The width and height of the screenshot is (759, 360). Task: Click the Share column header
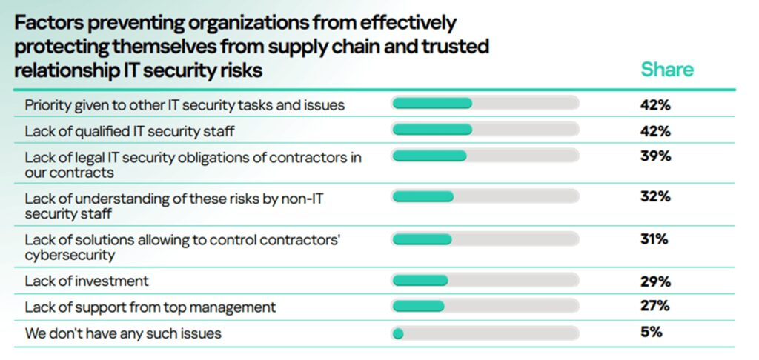(x=667, y=70)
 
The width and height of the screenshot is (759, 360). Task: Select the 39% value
(x=655, y=156)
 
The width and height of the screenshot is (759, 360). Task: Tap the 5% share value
(x=651, y=332)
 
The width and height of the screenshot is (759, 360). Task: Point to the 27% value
(x=655, y=306)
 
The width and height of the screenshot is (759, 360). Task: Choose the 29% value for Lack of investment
(x=655, y=281)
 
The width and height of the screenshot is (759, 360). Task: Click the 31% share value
(x=654, y=239)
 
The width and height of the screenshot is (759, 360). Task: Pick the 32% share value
(x=655, y=196)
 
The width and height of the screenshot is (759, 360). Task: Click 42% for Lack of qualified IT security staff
(x=655, y=131)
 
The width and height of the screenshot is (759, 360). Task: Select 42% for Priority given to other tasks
(x=655, y=104)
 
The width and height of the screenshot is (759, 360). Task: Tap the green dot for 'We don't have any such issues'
(x=398, y=333)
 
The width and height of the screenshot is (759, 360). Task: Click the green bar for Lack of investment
(x=420, y=280)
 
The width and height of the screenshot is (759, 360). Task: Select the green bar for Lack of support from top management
(x=418, y=306)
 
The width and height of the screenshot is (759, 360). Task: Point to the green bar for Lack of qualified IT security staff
(x=431, y=130)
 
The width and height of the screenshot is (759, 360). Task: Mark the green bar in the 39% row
(x=429, y=156)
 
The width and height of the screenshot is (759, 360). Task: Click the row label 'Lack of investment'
(x=87, y=281)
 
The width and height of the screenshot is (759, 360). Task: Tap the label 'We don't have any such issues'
(x=123, y=333)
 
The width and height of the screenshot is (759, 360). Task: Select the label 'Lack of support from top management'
(x=150, y=307)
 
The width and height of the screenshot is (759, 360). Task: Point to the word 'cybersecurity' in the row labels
(x=70, y=255)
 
